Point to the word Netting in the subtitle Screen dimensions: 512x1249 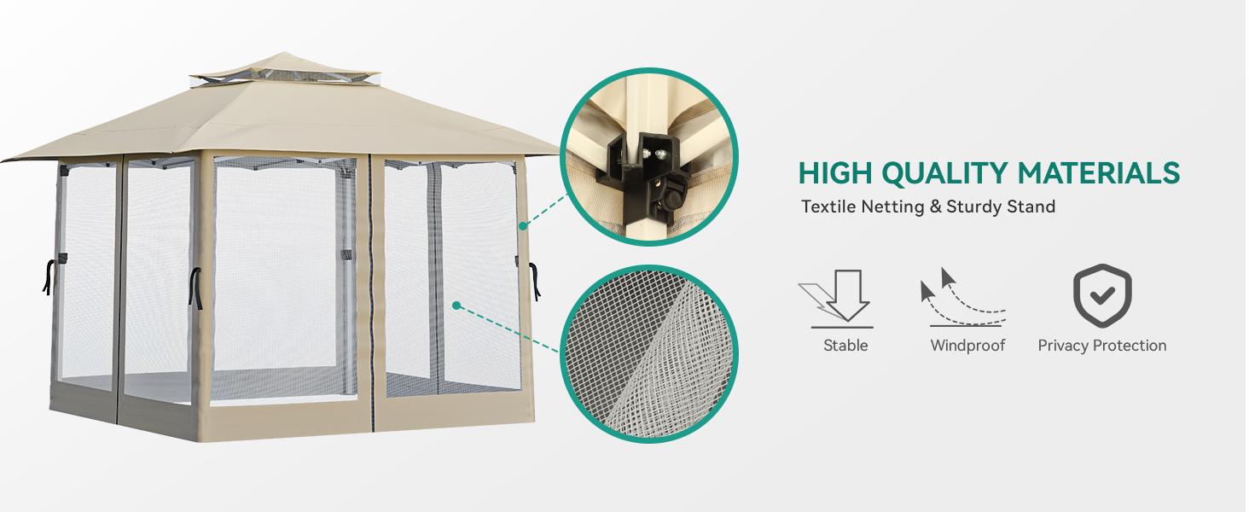click(892, 207)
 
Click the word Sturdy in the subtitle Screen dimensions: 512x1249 click(974, 207)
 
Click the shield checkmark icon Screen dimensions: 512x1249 click(1101, 296)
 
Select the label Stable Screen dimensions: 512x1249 click(845, 346)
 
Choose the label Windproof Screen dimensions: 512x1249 click(967, 346)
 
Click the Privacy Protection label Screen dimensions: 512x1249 click(1101, 346)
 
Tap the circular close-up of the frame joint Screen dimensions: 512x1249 click(648, 157)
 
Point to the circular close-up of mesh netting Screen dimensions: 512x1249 click(648, 353)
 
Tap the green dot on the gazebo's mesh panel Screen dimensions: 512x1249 click(456, 305)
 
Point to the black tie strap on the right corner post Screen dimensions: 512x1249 click(534, 280)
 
